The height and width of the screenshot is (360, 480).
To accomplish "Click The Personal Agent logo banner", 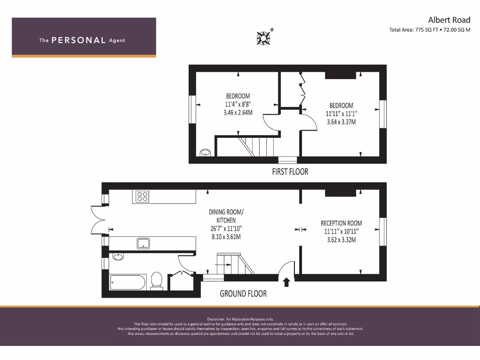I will click(83, 37).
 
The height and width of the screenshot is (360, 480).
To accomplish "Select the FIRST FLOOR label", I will click(290, 172).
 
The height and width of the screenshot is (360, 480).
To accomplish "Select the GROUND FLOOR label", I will click(243, 293).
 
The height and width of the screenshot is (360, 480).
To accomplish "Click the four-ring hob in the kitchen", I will click(142, 196).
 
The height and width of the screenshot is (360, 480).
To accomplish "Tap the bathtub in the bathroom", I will click(128, 283).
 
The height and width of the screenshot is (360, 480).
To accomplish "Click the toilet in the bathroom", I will click(157, 281).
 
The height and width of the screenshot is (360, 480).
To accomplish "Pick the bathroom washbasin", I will click(118, 257).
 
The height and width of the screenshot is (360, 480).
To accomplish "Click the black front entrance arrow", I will click(286, 281).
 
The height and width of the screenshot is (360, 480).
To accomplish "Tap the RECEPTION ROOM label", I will click(341, 223).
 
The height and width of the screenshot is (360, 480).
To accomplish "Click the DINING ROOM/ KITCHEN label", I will click(226, 216).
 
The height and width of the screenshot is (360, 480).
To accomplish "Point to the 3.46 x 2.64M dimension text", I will click(238, 112).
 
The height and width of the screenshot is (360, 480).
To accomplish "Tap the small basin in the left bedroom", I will click(205, 152).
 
